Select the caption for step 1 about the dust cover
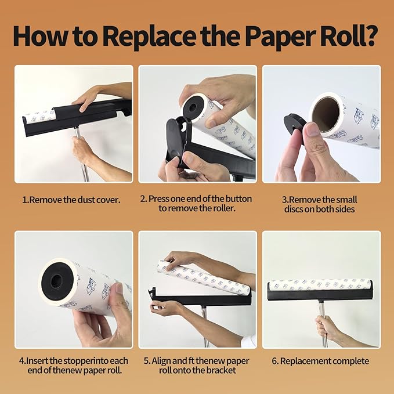(x=71, y=200)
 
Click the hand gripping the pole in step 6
(x=330, y=328)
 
